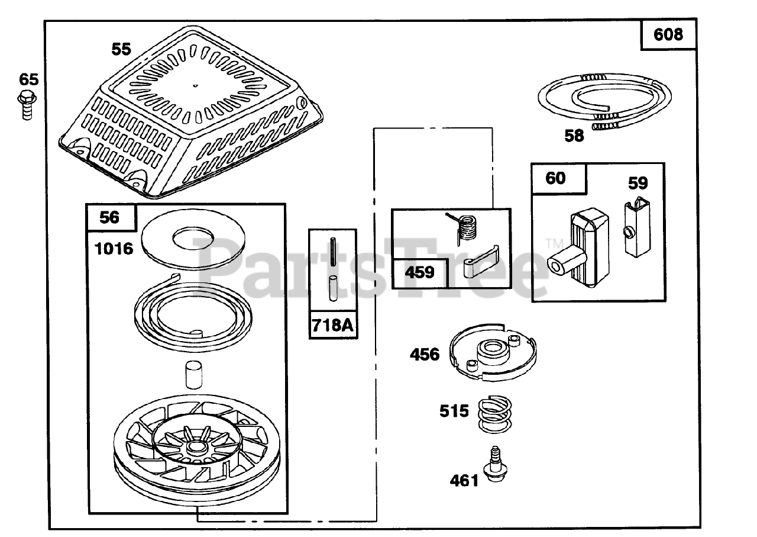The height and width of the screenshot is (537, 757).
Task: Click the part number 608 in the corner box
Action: coord(668,34)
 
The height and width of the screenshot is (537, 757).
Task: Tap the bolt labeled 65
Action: coord(27,105)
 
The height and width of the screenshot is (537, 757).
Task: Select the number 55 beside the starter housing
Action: coord(121,49)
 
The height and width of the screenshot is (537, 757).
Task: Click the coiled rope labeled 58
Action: coord(604,101)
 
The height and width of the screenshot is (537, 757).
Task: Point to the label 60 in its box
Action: coord(555,178)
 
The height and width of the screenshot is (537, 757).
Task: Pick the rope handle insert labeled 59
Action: coord(637,229)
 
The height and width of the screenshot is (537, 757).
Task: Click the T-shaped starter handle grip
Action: coord(578,248)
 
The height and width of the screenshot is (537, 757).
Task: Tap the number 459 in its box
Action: coord(419,272)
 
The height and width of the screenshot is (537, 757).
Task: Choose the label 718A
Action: coord(332,326)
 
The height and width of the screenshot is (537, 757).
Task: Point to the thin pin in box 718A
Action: coord(333,252)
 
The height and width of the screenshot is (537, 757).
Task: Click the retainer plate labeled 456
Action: coord(493,353)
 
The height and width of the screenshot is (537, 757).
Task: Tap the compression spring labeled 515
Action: coord(495,414)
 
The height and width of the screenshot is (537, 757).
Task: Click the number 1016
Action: coord(114,249)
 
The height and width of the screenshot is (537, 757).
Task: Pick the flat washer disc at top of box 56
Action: coord(193,239)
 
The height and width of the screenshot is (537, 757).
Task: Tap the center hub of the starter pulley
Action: coord(197,448)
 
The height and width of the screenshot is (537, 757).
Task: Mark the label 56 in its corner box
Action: coord(109,217)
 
